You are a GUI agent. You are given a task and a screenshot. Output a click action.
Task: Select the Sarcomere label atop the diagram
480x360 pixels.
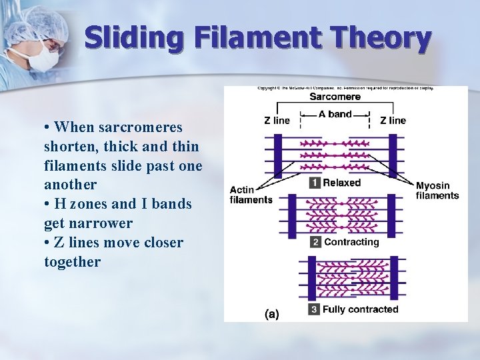coord(335,97)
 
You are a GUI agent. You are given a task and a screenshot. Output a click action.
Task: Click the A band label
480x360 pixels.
coord(335,114)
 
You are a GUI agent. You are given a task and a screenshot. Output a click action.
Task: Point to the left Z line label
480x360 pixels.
coord(277,121)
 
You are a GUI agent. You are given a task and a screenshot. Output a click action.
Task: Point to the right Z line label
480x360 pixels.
coord(393,121)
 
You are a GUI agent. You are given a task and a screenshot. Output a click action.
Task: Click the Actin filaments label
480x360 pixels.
coord(251,195)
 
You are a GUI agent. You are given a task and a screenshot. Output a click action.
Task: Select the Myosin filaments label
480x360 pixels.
coord(437,191)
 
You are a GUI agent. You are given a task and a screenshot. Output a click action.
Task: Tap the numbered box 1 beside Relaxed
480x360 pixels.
coord(315,183)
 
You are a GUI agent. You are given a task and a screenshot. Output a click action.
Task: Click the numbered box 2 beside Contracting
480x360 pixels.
coord(315,242)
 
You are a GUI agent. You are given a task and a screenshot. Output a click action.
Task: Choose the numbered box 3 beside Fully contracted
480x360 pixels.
coord(314,309)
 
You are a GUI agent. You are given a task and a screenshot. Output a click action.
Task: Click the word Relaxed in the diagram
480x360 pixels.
coord(342,183)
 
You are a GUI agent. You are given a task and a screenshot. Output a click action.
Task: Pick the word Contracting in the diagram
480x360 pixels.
coord(351,242)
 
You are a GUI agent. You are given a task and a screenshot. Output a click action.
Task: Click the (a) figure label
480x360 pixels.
coord(271,313)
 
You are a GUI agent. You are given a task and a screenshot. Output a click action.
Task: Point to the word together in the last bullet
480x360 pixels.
coord(72,262)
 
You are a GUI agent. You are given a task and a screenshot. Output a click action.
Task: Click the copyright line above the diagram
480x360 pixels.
coord(345,88)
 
